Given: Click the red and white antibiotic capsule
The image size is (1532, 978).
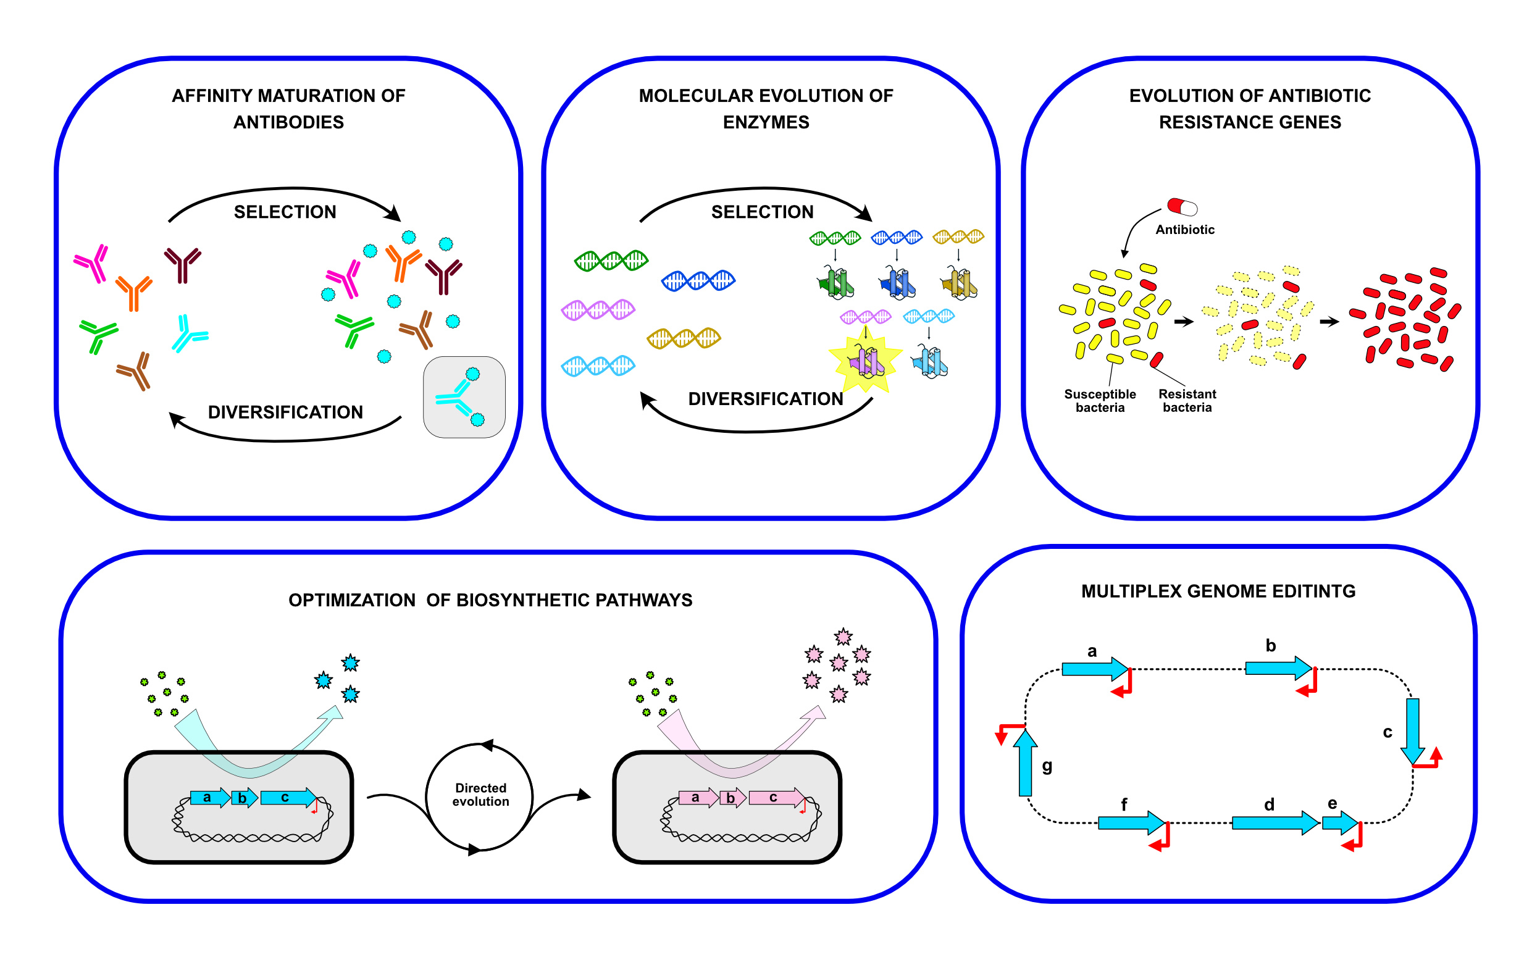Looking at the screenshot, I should point(1182,207).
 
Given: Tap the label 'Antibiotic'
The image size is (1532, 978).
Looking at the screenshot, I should point(1184,230).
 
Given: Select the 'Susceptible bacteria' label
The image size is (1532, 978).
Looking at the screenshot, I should point(1100,401).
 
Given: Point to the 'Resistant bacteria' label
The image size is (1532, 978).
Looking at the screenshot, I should point(1187,401).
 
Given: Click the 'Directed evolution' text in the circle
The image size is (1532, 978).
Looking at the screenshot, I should point(480,795).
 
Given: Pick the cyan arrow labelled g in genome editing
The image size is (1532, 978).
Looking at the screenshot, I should point(1025,764).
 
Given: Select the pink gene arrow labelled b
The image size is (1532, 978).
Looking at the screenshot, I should point(732,798).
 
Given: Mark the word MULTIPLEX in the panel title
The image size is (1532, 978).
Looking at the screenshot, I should point(1131,591).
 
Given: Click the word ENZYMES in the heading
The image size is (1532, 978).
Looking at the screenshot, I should point(766,122).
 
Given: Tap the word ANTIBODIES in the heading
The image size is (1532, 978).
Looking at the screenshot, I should point(288,122).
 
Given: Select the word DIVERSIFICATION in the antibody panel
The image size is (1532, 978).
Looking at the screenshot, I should point(285,412).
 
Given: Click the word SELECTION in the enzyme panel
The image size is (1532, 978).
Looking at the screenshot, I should point(762,212).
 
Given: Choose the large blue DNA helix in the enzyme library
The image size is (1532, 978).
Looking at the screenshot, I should point(698,280).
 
